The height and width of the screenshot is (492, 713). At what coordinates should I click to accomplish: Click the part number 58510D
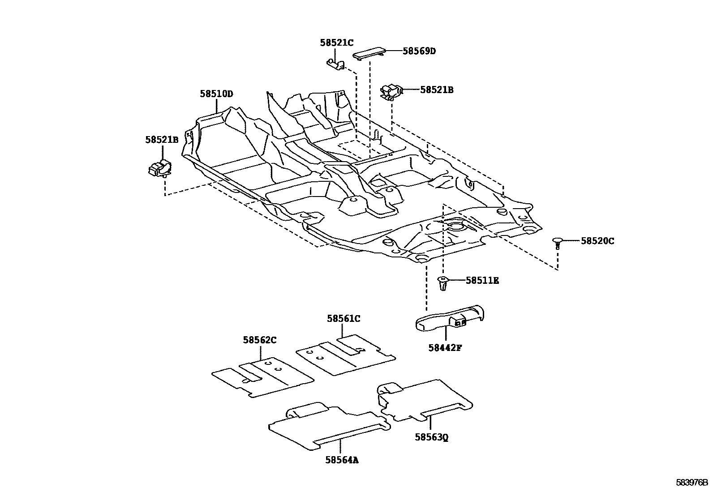tap(216, 94)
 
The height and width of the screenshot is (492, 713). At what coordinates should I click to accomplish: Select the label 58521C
tap(336, 43)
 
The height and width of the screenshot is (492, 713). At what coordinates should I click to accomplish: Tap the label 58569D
tap(419, 51)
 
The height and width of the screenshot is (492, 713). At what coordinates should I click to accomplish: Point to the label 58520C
tap(597, 241)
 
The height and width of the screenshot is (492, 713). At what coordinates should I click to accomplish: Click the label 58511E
tap(482, 281)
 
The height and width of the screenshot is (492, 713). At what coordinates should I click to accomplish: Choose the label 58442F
tap(444, 347)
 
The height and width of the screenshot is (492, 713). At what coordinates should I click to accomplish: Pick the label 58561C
tap(343, 319)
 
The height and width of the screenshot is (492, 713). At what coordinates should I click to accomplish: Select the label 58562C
tap(260, 340)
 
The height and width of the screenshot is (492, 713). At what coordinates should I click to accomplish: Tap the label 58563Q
tap(431, 436)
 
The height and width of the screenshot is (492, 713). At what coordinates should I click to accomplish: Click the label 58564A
tap(342, 460)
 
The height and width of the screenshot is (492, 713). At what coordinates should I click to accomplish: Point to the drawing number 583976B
tap(692, 483)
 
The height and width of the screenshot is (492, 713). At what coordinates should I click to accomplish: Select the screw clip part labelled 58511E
tap(442, 284)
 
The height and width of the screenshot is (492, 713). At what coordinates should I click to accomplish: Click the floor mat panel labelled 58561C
tap(345, 354)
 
